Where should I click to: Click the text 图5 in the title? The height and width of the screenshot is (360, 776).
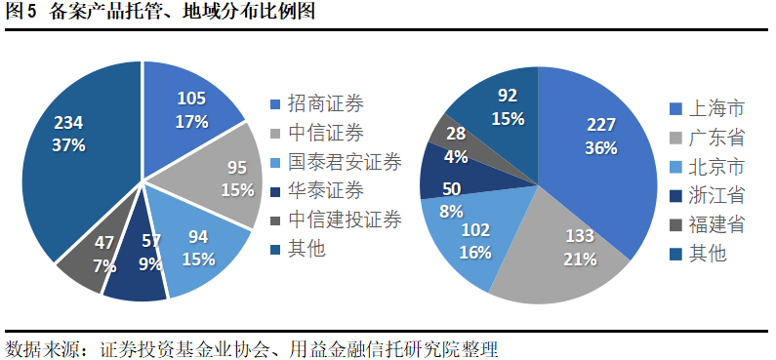pyautogui.click(x=21, y=13)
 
